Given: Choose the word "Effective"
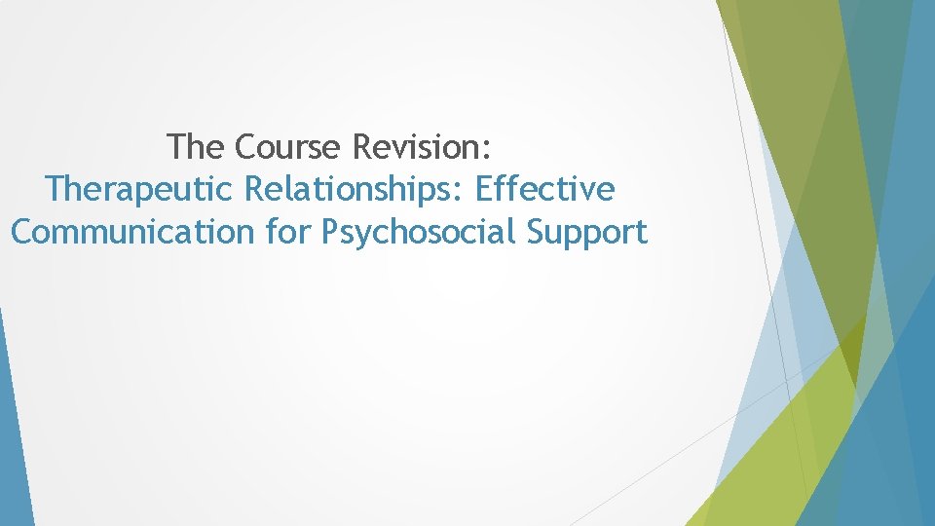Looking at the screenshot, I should pyautogui.click(x=545, y=189).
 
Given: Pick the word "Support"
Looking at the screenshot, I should pyautogui.click(x=588, y=233).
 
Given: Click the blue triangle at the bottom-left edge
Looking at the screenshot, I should pyautogui.click(x=12, y=438).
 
